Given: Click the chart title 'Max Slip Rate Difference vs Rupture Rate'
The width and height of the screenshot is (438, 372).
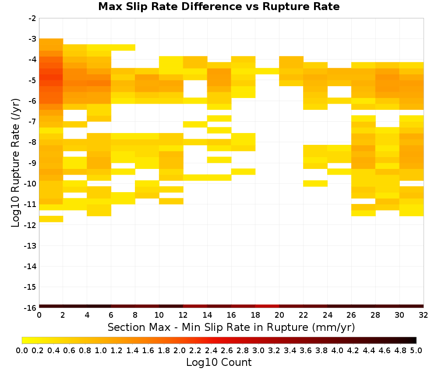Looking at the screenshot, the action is pyautogui.click(x=219, y=7).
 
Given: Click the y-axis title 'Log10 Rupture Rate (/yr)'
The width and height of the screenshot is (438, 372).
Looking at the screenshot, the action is pyautogui.click(x=16, y=163).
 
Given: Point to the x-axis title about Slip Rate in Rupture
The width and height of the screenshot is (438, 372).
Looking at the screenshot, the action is pyautogui.click(x=231, y=327).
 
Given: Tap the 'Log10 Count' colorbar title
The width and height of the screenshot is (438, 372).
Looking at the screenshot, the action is pyautogui.click(x=219, y=362).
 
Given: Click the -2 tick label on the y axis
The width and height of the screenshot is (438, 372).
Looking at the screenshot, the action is pyautogui.click(x=32, y=18).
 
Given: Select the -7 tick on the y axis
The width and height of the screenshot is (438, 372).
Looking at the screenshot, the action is pyautogui.click(x=32, y=122).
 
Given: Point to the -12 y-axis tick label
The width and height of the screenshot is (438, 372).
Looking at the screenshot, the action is pyautogui.click(x=31, y=225).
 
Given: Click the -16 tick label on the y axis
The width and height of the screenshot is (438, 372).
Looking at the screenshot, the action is pyautogui.click(x=31, y=308).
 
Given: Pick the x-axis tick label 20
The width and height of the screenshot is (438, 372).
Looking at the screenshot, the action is pyautogui.click(x=279, y=315).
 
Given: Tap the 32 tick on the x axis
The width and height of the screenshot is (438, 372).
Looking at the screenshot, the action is pyautogui.click(x=424, y=315).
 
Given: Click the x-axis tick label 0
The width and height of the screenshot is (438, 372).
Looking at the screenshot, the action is pyautogui.click(x=39, y=315).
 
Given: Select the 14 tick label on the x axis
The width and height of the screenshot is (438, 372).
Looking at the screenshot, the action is pyautogui.click(x=207, y=315).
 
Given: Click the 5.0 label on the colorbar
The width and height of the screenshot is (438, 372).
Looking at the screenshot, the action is pyautogui.click(x=416, y=350).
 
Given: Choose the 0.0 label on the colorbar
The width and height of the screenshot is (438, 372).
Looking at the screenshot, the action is pyautogui.click(x=22, y=350).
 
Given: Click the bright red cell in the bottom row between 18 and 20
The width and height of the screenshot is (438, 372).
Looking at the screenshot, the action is pyautogui.click(x=267, y=306).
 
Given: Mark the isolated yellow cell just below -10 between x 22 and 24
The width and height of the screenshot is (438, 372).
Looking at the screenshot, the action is pyautogui.click(x=315, y=183).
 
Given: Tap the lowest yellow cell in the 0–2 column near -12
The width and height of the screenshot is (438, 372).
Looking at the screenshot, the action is pyautogui.click(x=51, y=219).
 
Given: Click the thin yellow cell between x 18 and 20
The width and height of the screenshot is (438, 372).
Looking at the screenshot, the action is pyautogui.click(x=267, y=71).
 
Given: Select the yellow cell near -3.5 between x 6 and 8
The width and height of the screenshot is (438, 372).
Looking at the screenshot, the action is pyautogui.click(x=123, y=47).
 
